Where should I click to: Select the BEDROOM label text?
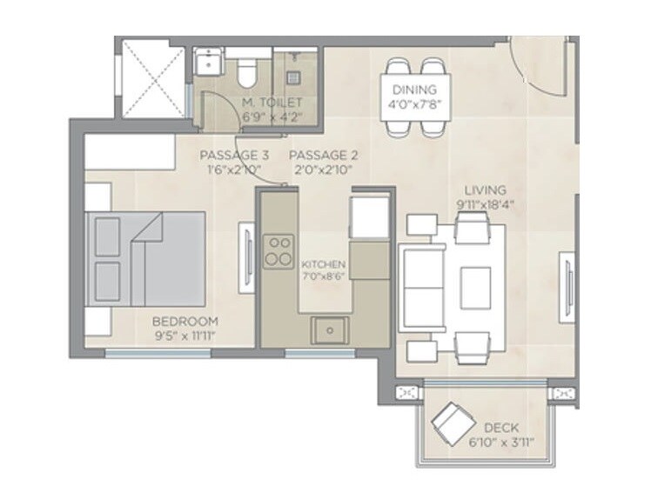coord(185,321)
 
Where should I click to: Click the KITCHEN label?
coord(323,264)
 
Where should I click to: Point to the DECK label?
coord(501,428)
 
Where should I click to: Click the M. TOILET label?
coord(272,103)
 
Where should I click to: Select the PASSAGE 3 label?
coord(229,156)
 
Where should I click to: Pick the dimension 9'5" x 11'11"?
coord(185,336)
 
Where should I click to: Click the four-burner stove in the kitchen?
coord(279,251)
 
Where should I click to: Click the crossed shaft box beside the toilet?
coord(153,78)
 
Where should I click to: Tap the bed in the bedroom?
coord(144,258)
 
